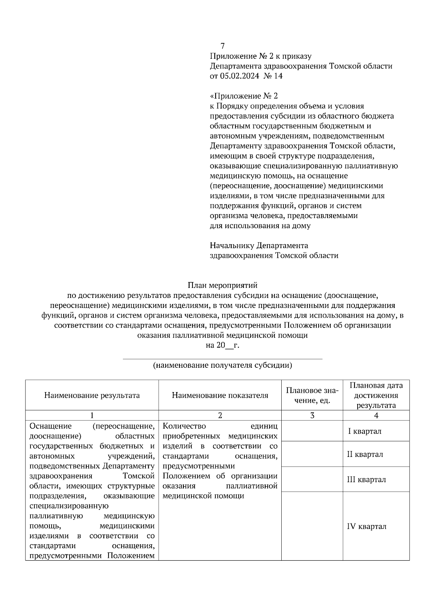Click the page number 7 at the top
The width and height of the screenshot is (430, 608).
223,46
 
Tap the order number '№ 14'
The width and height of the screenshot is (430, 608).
273,76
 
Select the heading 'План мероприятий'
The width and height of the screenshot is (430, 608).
223,285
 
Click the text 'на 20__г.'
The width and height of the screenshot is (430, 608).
223,345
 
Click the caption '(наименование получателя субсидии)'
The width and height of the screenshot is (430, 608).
223,365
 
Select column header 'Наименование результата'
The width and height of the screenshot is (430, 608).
92,395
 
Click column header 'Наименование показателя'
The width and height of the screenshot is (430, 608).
220,395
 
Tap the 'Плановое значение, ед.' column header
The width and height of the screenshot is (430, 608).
312,395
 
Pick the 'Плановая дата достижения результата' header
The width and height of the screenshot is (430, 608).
376,395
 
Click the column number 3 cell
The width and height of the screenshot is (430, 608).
312,415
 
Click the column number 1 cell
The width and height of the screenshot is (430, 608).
92,415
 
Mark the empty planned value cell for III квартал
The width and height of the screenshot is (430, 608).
312,479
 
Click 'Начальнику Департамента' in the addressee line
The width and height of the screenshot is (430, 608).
259,246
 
